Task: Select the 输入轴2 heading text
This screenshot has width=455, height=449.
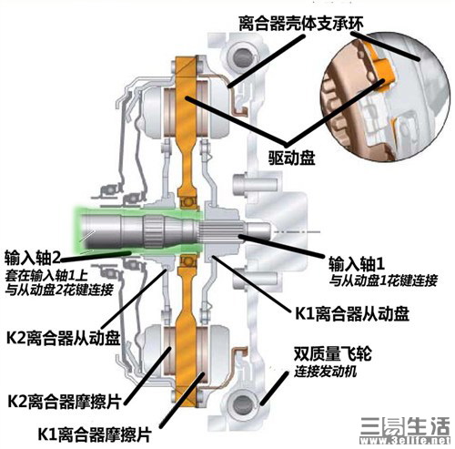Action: (33, 257)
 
